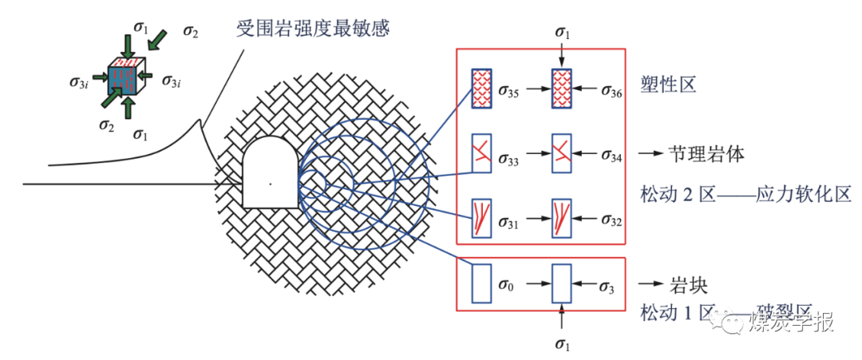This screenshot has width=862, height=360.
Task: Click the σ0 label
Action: [x=504, y=286]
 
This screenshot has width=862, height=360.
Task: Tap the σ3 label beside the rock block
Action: [x=607, y=286]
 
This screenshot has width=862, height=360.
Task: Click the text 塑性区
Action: [x=669, y=84]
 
